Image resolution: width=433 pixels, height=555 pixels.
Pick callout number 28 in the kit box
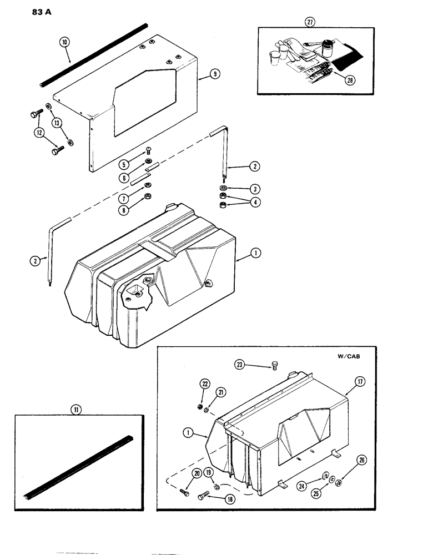[x=349, y=79]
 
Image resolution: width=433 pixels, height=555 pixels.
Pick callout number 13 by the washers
[x=57, y=122]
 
